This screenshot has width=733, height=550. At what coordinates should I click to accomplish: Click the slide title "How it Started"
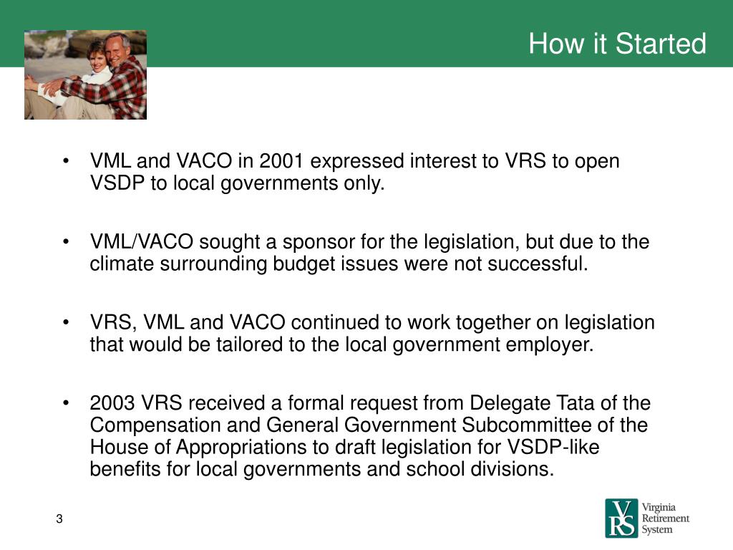click(617, 44)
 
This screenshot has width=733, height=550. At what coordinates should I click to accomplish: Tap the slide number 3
click(59, 519)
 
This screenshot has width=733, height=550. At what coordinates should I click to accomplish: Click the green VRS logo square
click(620, 518)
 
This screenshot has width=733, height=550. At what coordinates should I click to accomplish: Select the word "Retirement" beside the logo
click(666, 518)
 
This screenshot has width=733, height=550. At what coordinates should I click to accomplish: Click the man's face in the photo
click(118, 48)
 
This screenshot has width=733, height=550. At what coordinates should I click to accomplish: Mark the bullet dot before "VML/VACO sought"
click(67, 242)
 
